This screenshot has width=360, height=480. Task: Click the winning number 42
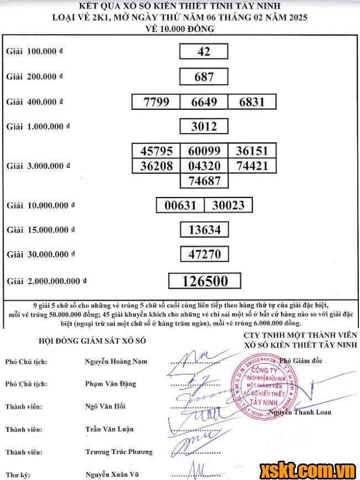click(x=204, y=51)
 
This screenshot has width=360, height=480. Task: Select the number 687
click(x=204, y=77)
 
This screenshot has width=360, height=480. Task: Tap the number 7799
click(x=156, y=102)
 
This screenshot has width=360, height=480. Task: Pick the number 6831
click(x=251, y=102)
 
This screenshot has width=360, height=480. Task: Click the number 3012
click(x=204, y=126)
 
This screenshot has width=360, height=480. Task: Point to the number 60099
click(x=204, y=151)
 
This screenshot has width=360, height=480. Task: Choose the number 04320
click(x=204, y=166)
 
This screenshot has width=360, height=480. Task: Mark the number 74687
click(x=204, y=180)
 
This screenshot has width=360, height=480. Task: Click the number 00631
click(x=181, y=205)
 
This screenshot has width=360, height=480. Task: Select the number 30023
click(x=228, y=205)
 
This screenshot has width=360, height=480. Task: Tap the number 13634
click(x=204, y=229)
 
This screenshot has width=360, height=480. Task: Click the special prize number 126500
click(x=205, y=281)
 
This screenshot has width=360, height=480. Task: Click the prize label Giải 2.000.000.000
click(x=46, y=281)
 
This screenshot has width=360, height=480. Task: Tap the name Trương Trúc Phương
click(x=119, y=452)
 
